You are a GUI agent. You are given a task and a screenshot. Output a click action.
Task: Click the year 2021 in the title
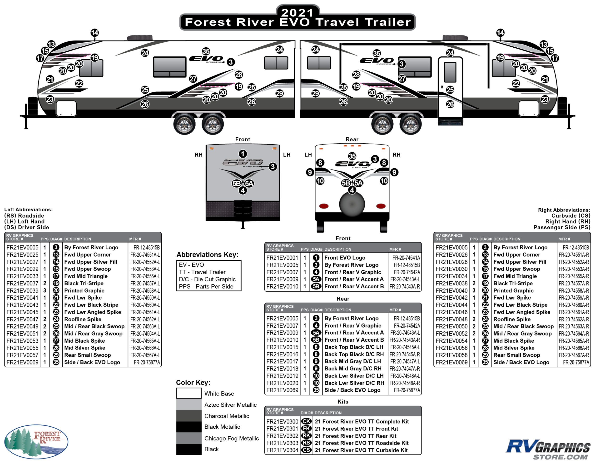(297, 13)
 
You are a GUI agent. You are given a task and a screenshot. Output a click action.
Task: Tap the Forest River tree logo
(36, 441)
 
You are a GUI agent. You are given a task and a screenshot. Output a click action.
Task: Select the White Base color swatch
(189, 393)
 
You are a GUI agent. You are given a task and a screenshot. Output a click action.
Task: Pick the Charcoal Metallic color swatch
(189, 416)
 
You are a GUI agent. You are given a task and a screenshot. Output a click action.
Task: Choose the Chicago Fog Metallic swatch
(189, 438)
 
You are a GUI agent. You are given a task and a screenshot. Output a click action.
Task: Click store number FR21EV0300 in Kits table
(282, 421)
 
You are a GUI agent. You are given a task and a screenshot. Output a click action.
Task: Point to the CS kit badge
(307, 450)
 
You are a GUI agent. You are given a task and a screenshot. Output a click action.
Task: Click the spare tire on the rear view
(352, 204)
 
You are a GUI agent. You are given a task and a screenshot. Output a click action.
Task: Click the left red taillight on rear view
(324, 206)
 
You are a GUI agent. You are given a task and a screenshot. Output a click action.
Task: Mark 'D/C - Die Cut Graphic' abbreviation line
(207, 279)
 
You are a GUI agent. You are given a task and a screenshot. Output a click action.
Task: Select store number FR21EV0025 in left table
(22, 255)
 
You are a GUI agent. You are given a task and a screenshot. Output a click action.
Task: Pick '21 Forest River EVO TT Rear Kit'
(355, 436)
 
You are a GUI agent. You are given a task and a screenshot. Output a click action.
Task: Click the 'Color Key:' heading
(193, 383)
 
